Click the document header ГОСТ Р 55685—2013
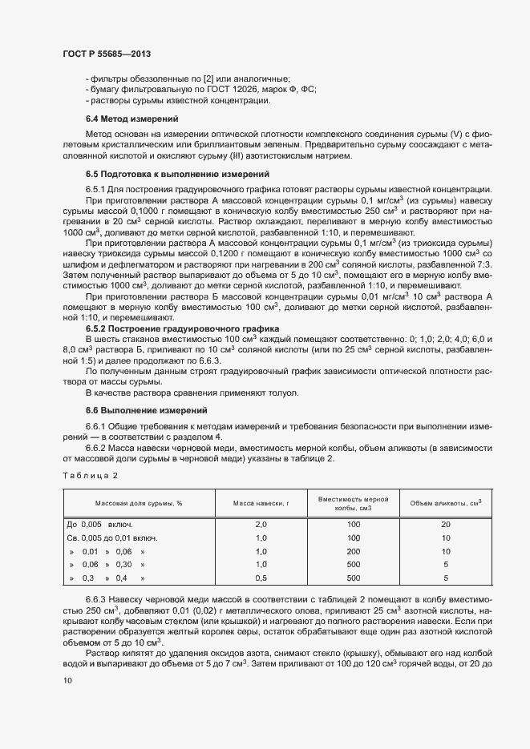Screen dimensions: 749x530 [107, 54]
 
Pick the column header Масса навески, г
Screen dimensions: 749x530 [260, 503]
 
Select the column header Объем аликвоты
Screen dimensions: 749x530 [446, 503]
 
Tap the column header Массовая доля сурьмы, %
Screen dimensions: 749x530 [140, 503]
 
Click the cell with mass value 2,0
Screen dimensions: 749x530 [260, 524]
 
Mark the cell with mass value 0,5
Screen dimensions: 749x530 [260, 578]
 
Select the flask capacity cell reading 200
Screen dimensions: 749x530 [354, 551]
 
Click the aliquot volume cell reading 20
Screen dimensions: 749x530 [446, 524]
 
